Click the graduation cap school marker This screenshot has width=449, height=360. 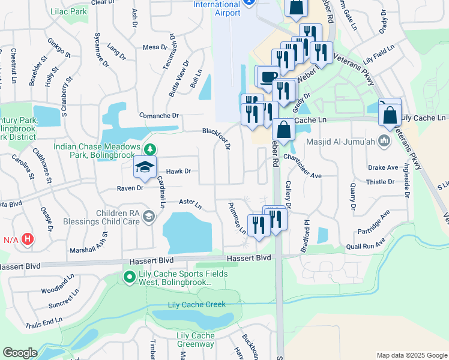tap(145, 167)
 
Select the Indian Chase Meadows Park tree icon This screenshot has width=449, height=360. tap(149, 149)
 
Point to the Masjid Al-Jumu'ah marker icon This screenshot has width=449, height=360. tap(385, 141)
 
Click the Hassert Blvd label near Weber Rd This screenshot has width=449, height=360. tap(249, 257)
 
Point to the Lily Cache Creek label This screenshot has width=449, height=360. tap(196, 304)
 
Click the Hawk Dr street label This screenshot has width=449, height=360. tap(178, 171)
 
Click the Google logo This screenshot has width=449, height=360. tap(20, 353)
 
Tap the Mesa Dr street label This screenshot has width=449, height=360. tap(154, 47)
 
